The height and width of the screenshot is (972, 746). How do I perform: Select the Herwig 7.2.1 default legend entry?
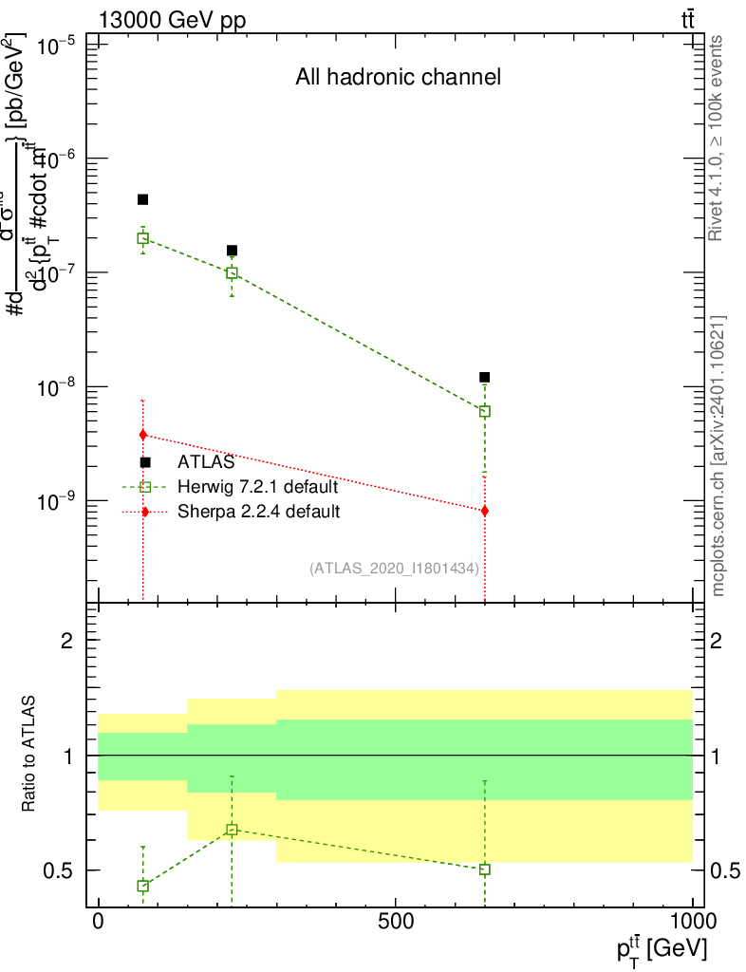pos(257,487)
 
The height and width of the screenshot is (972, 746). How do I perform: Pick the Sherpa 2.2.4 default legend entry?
pos(259,512)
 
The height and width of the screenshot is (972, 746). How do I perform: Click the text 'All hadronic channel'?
pos(398,78)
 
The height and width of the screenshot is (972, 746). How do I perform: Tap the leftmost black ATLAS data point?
pos(142,199)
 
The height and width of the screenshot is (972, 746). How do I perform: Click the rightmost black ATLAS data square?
pos(485,377)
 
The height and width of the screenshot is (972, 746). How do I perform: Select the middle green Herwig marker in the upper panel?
pos(232,273)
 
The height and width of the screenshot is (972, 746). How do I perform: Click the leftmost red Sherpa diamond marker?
pos(142,435)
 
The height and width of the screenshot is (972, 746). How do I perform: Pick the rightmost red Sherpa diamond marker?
pos(485,511)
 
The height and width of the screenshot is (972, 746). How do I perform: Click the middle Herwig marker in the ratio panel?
pos(232,830)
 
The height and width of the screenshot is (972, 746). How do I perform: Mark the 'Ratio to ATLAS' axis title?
pos(29,754)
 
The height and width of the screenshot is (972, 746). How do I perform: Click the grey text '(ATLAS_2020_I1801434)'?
pos(393,568)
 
